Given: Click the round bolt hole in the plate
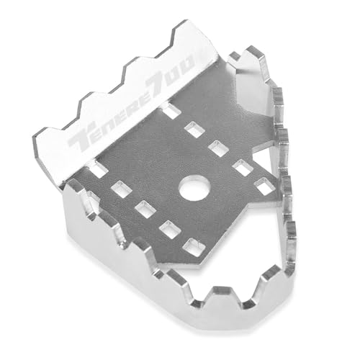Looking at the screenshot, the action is pyautogui.click(x=195, y=187).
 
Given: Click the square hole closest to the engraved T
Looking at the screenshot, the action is pyautogui.click(x=99, y=168).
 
